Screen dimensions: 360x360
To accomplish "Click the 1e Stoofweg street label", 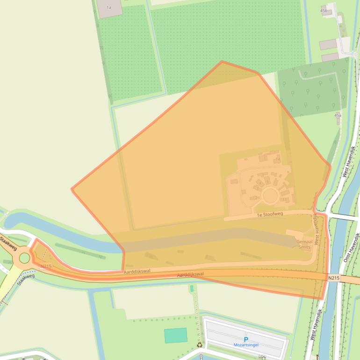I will [x=270, y=215].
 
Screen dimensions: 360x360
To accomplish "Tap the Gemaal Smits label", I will [x=304, y=244].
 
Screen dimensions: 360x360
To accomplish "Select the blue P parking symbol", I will [x=246, y=339].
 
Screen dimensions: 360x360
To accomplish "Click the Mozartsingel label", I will [x=246, y=345].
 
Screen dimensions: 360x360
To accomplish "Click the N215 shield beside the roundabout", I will [x=46, y=266].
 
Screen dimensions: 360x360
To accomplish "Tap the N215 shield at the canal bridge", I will [x=333, y=278].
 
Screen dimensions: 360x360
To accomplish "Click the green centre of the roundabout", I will [x=24, y=258].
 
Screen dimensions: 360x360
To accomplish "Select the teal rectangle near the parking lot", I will [x=176, y=335].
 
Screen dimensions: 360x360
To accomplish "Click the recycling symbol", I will [x=200, y=345].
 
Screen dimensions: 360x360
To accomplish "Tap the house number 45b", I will [x=324, y=10].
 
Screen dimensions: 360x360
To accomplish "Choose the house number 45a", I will [x=338, y=115].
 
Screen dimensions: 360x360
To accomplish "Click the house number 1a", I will [x=109, y=7].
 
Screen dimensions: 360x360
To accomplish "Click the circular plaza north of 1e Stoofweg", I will [x=270, y=196].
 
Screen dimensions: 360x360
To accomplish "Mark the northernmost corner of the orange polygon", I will [x=222, y=62].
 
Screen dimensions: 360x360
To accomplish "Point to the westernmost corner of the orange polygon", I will [x=72, y=189].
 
